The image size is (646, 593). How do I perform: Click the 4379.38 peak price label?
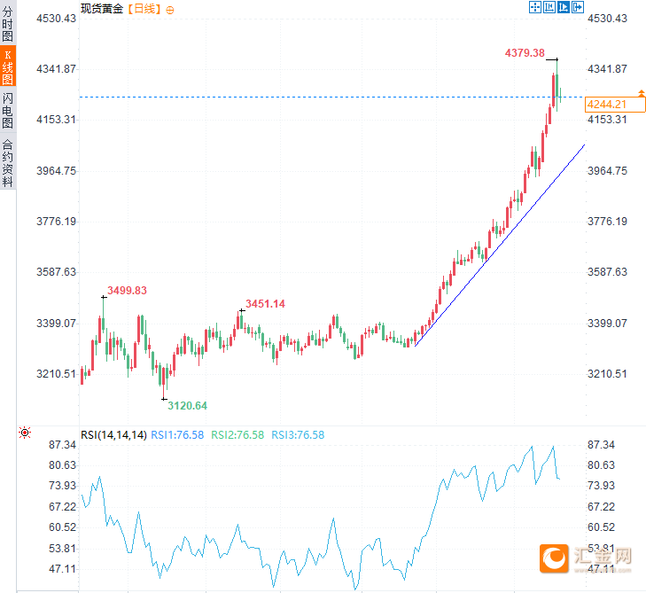[525, 53]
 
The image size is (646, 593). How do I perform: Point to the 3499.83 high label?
[127, 290]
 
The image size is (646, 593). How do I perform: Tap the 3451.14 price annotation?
[265, 304]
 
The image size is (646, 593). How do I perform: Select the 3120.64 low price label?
[188, 405]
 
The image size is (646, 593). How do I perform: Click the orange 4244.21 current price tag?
[608, 105]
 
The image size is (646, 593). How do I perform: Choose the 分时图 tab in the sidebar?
[8, 25]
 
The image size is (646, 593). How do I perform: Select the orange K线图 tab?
[8, 66]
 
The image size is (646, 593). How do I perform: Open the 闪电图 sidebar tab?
[8, 110]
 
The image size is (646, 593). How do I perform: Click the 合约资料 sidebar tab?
[8, 162]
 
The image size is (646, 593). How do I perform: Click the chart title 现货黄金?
[102, 8]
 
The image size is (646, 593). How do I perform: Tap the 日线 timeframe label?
[144, 8]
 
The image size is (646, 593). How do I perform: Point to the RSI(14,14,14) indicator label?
[113, 434]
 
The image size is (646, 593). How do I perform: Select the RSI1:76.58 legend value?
[177, 434]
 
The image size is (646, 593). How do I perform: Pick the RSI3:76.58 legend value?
[298, 434]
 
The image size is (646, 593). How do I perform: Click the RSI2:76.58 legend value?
[237, 434]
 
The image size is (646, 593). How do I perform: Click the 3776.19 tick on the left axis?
[55, 221]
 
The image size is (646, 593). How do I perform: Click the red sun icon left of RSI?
[25, 433]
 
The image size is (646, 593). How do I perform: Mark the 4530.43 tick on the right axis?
[607, 18]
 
